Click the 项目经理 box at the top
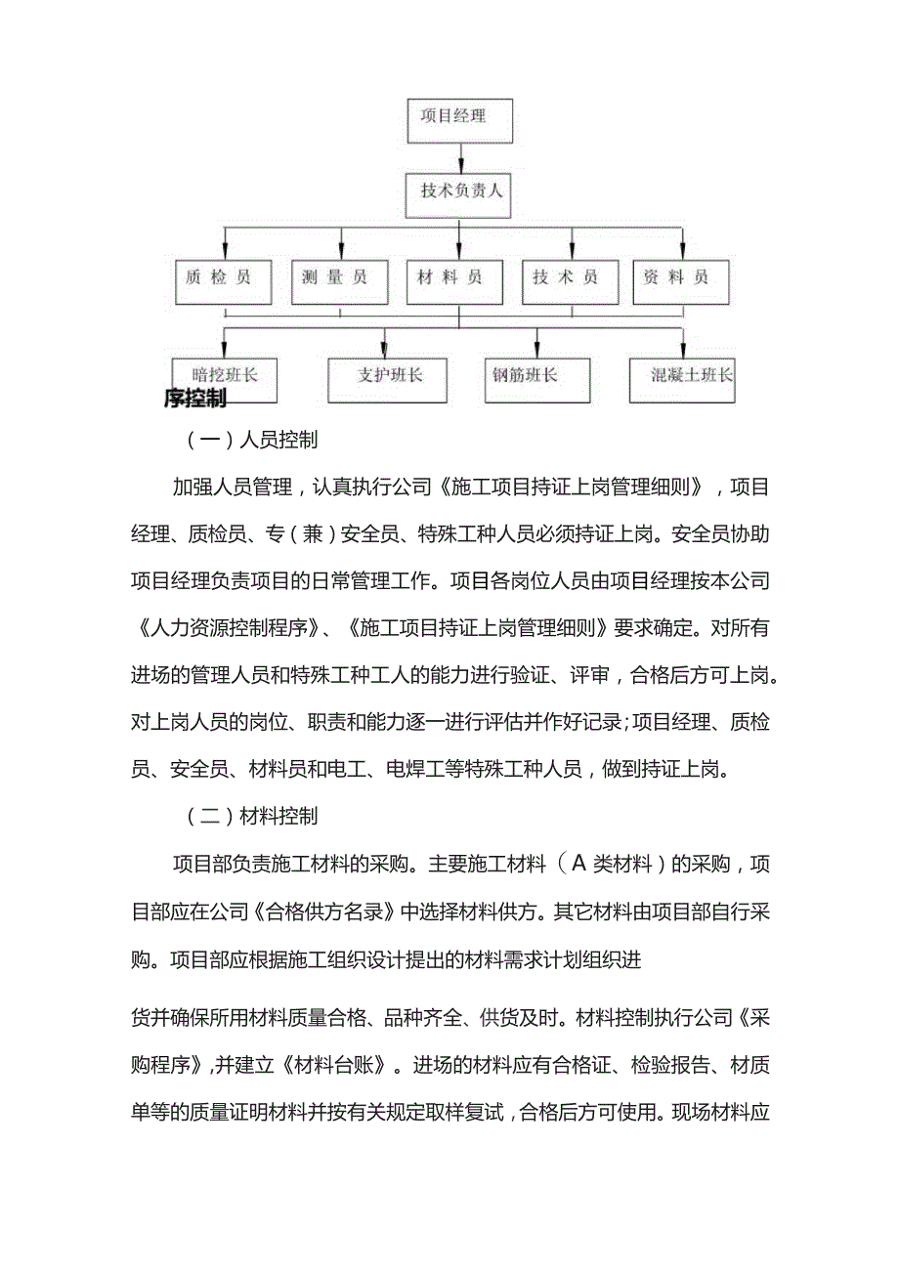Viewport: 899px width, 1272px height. coord(459,118)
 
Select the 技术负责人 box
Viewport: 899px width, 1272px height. coord(459,192)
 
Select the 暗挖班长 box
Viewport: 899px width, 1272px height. coord(225,377)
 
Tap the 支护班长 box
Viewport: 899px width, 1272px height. coord(388,377)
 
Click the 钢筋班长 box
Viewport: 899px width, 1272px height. coord(536,377)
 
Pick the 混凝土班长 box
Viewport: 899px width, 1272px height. coord(682,377)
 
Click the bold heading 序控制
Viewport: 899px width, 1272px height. coord(195,399)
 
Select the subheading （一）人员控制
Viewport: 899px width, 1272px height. coord(252,441)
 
